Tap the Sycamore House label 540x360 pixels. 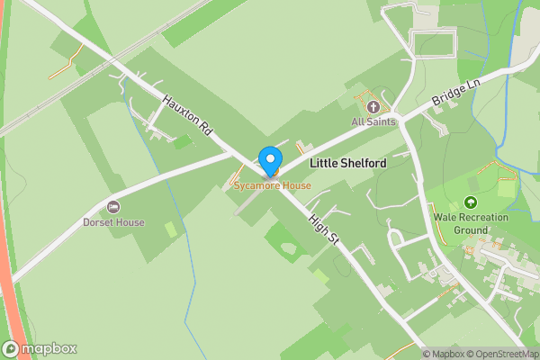[272, 186]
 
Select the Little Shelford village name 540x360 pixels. [347, 164]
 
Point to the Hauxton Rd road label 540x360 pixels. [187, 114]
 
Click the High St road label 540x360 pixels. [321, 228]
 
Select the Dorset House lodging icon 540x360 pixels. [113, 208]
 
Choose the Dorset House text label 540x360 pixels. [113, 222]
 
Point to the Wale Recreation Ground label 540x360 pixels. [470, 223]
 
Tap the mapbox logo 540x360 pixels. [40, 348]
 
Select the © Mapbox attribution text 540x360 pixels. [443, 354]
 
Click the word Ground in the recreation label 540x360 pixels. [470, 229]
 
